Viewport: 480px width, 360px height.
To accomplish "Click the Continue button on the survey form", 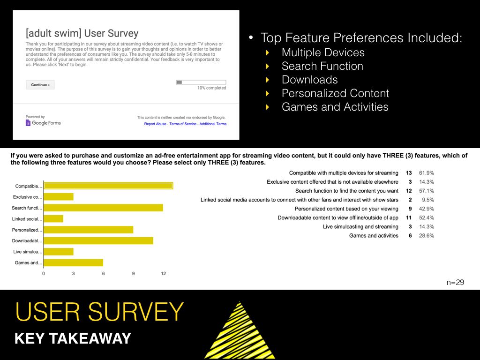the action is point(40,85).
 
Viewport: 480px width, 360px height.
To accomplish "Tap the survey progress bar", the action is point(201,82).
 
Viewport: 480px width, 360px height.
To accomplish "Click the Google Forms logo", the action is point(43,123).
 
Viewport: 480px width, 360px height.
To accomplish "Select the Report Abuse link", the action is point(155,124).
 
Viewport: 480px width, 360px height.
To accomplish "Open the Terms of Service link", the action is point(183,124).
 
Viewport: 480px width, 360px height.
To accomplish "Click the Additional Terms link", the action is point(213,124).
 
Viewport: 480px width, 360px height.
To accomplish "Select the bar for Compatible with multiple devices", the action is point(108,186).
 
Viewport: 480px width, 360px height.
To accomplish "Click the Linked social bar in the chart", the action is point(53,218).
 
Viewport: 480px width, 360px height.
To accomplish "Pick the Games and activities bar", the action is point(74,262).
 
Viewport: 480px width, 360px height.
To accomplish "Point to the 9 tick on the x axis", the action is point(133,273).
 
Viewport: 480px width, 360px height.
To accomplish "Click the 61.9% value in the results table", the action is point(427,173).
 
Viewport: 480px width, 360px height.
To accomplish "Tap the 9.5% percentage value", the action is point(428,200).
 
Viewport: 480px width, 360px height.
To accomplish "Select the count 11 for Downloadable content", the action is point(409,217).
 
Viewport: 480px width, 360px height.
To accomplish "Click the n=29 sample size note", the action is point(455,282).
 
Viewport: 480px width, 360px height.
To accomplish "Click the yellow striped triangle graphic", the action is point(240,330).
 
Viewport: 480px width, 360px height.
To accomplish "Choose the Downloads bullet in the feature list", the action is point(309,80).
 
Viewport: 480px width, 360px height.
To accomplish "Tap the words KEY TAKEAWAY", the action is point(73,338).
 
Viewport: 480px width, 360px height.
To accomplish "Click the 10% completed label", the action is point(211,88).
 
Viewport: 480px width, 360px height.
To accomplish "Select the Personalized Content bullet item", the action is point(335,93).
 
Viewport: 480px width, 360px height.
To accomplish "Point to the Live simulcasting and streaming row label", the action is point(360,227).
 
